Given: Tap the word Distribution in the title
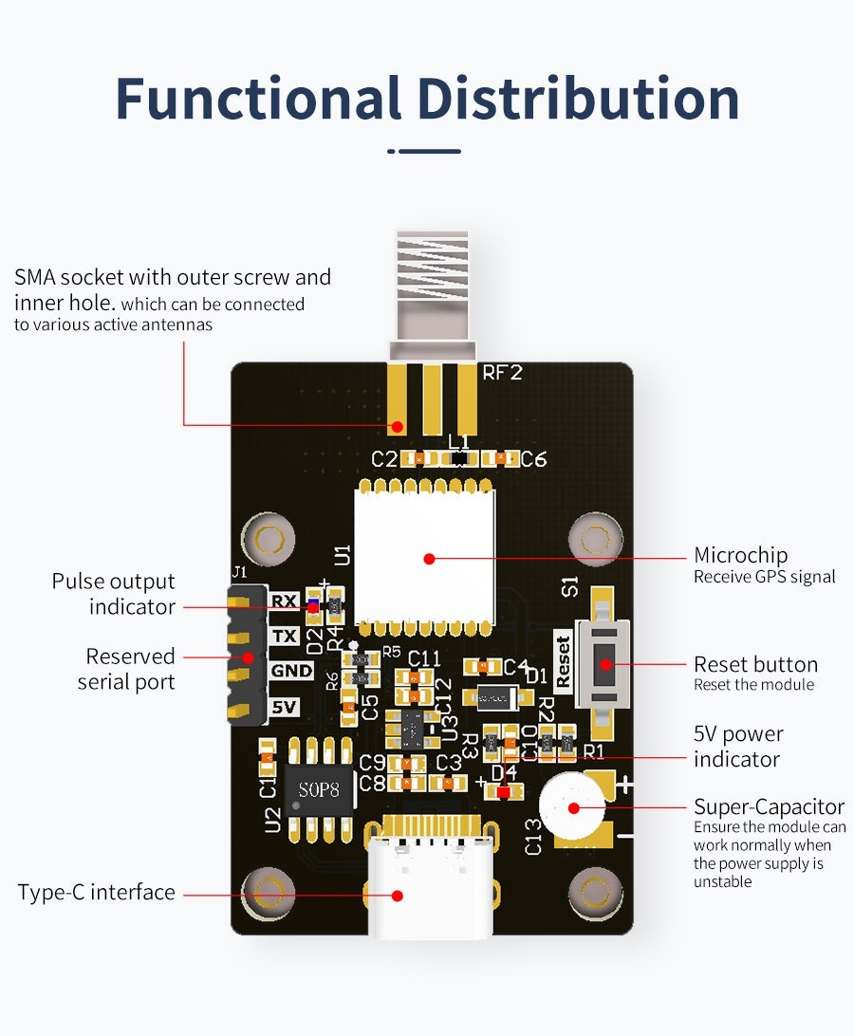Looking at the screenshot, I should (579, 99).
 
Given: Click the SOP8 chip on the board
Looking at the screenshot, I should (318, 789).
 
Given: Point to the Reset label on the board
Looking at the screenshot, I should (564, 660).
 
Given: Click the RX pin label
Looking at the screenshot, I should (284, 601).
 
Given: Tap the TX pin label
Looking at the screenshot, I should (284, 636).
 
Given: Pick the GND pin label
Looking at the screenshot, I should (290, 671).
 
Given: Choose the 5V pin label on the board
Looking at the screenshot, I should (284, 707).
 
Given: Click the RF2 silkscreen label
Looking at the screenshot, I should (503, 373).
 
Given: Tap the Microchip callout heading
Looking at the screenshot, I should (740, 555).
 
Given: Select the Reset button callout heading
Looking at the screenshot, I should (755, 664).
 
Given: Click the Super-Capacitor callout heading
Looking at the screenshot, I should (769, 806).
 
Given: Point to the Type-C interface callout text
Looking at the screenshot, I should (96, 892).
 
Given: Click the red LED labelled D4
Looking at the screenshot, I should (503, 790).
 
